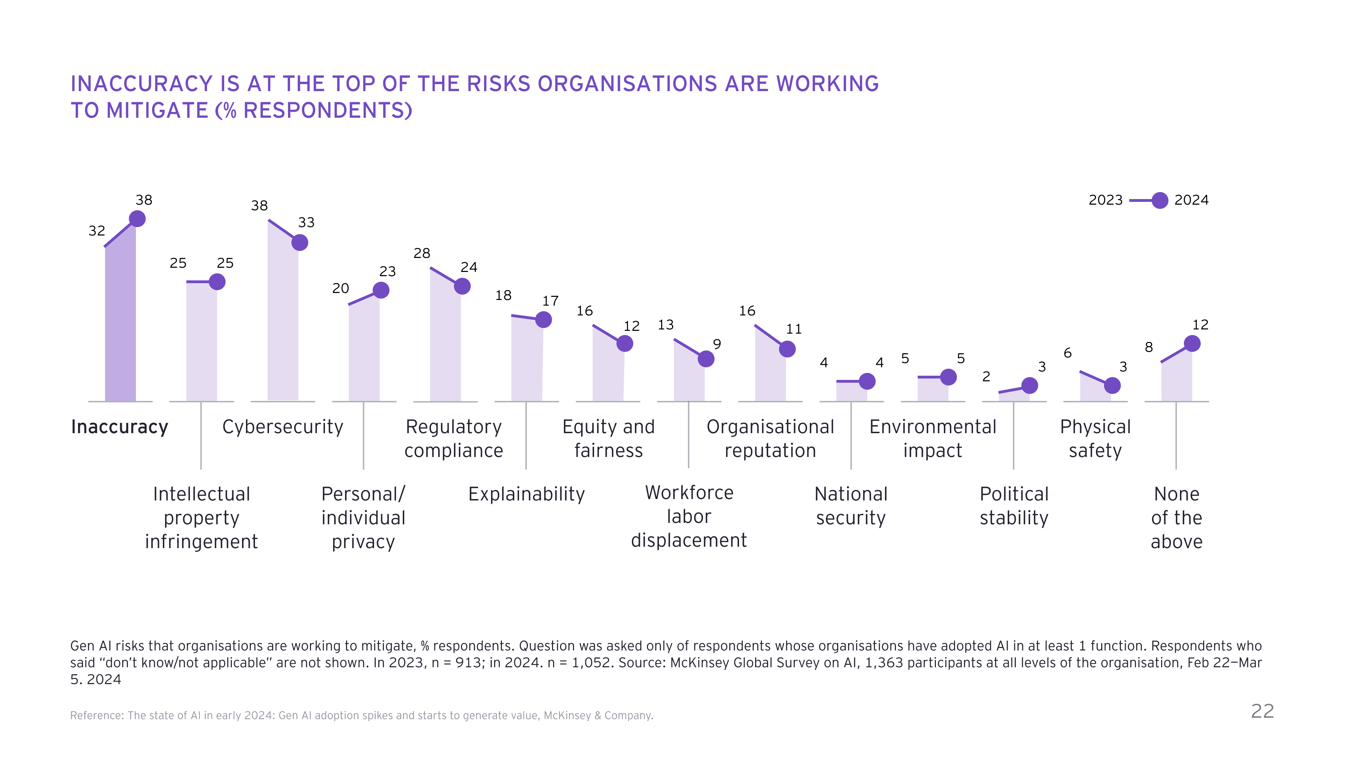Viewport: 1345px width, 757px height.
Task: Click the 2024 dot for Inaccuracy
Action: (x=137, y=218)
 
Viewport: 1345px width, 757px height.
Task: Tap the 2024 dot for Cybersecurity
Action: (x=300, y=243)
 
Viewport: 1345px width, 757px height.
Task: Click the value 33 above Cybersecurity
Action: (x=306, y=223)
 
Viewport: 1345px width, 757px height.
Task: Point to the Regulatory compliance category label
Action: (x=453, y=438)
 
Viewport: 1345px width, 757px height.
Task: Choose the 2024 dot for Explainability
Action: (x=544, y=319)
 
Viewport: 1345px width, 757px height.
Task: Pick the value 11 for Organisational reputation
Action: (x=794, y=329)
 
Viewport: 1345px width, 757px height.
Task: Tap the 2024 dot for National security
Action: (x=867, y=381)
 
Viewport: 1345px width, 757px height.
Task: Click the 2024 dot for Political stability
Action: (x=1030, y=386)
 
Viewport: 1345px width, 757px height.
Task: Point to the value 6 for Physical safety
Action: (x=1068, y=353)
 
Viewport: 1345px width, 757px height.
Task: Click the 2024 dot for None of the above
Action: (x=1192, y=343)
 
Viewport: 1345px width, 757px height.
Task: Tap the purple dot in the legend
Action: (x=1160, y=200)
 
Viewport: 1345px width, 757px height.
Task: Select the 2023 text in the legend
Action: (x=1105, y=200)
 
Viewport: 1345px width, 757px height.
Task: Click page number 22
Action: (x=1262, y=711)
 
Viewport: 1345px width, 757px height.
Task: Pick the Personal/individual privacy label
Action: (x=364, y=518)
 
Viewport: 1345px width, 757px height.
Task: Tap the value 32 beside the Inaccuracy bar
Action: (x=97, y=231)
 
